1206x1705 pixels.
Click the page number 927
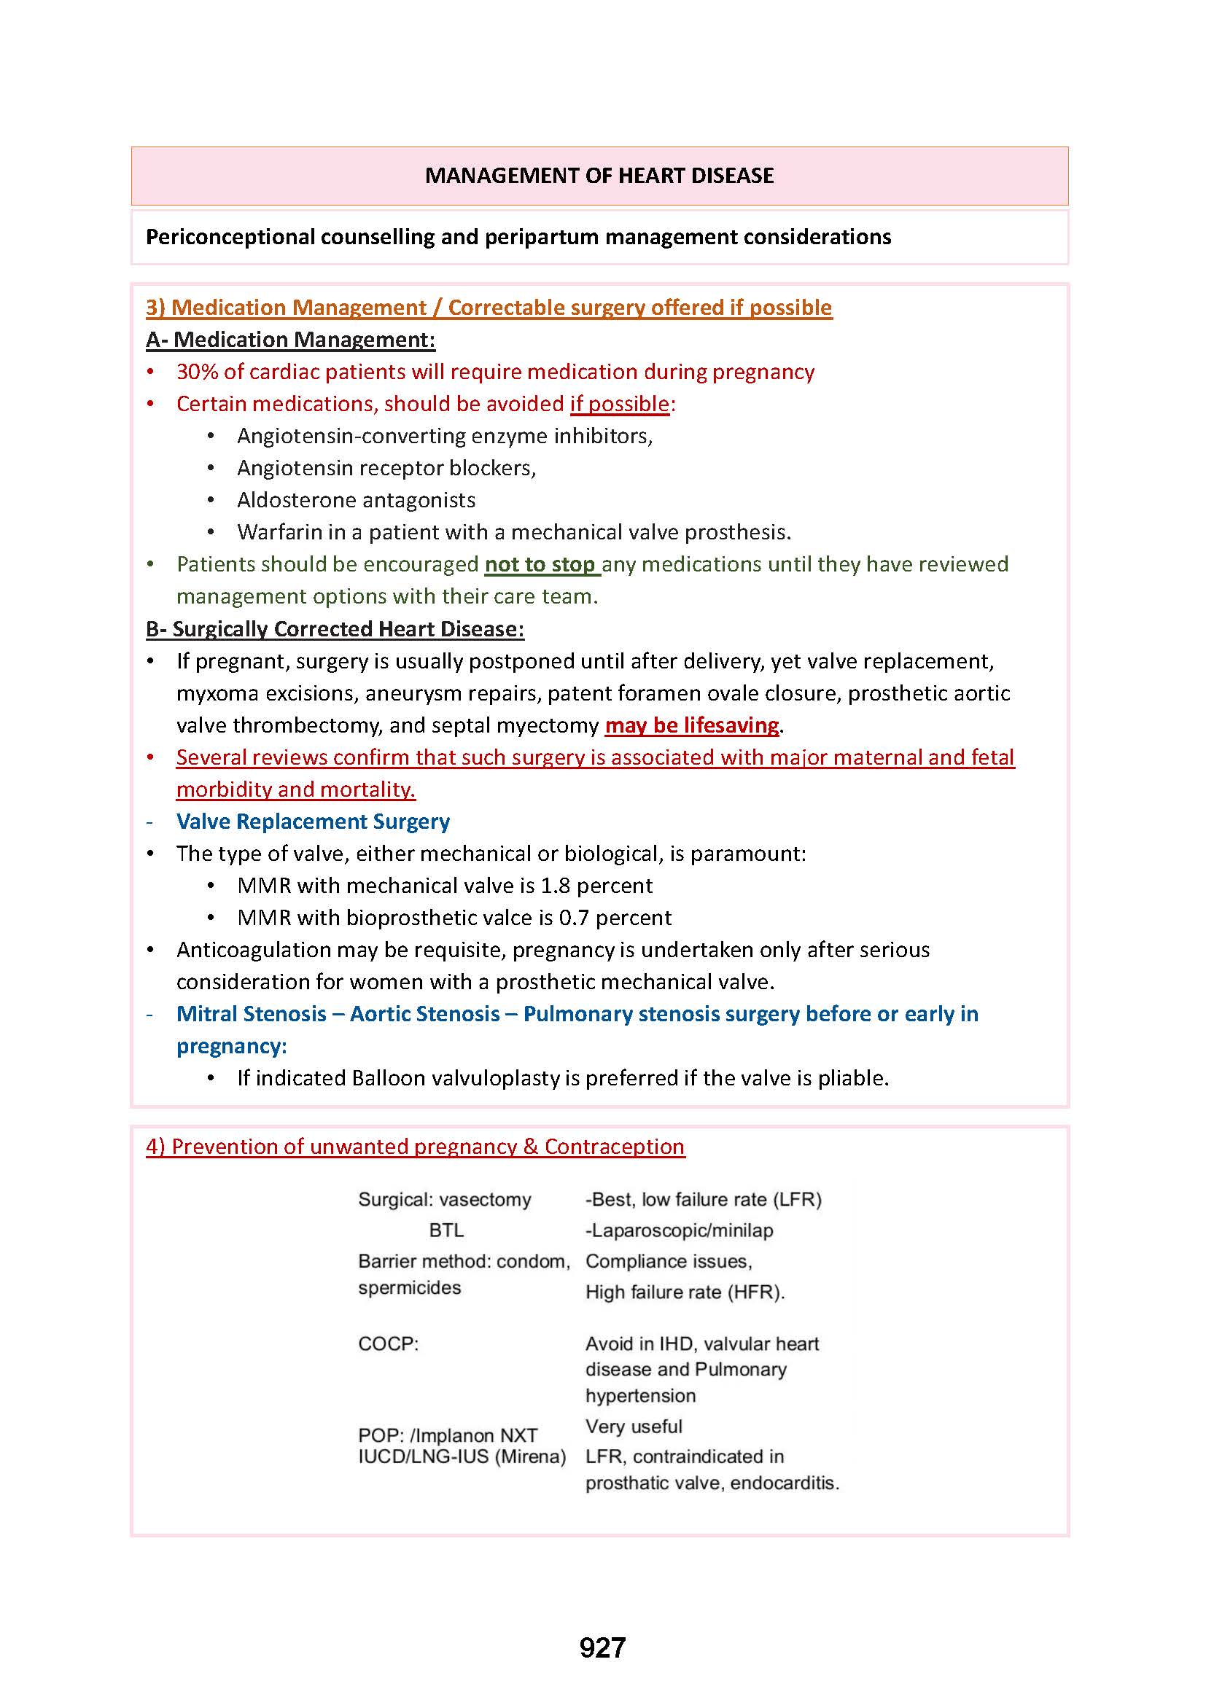[x=602, y=1647]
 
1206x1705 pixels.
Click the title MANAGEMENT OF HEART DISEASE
[x=599, y=175]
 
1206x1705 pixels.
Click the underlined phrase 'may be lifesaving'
[x=691, y=725]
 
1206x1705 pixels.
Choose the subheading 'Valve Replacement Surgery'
[x=313, y=822]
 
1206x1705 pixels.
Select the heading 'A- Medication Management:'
[x=290, y=340]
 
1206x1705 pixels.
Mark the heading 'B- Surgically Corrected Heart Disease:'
[x=335, y=629]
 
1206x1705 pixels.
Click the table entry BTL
[x=446, y=1230]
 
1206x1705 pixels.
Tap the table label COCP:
[x=389, y=1344]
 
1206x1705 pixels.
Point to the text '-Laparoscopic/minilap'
[x=679, y=1230]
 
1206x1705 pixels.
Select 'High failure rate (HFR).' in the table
[x=685, y=1292]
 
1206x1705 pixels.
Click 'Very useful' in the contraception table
[x=634, y=1427]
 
